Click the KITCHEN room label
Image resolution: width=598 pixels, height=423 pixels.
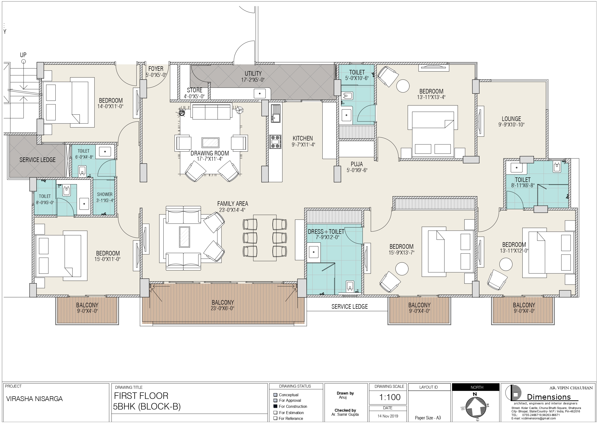click(303, 138)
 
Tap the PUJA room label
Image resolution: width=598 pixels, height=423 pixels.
click(357, 164)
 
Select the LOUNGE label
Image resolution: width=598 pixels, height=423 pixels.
click(511, 119)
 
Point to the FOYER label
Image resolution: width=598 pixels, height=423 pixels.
click(156, 69)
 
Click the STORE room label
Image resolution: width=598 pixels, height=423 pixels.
click(195, 90)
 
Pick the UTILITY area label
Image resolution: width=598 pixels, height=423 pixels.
click(253, 74)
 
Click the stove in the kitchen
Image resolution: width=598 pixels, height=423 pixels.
click(275, 141)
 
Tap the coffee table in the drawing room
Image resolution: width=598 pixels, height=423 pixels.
click(210, 142)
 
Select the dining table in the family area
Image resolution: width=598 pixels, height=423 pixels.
click(265, 238)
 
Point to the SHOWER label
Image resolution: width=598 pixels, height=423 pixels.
click(105, 195)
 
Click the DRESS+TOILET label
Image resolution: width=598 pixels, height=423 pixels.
click(326, 231)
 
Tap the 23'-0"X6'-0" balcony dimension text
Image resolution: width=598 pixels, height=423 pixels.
click(222, 308)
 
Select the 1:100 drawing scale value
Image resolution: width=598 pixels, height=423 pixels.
click(390, 397)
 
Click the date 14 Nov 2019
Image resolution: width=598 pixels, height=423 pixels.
click(388, 416)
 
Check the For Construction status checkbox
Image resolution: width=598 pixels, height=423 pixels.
click(275, 406)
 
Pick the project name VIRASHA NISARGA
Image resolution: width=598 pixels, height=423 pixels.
click(34, 399)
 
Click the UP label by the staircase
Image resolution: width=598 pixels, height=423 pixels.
click(23, 55)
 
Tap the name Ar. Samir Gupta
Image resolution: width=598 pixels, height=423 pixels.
click(345, 414)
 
